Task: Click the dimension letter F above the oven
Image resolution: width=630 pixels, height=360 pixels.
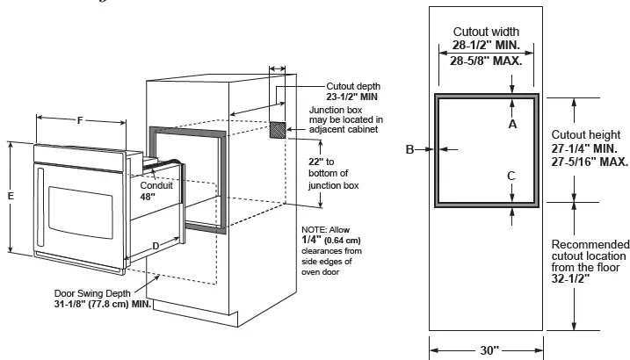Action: point(80,120)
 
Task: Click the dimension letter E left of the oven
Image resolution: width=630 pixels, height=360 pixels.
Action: point(11,197)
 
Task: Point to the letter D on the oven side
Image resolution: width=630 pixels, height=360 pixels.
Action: point(156,246)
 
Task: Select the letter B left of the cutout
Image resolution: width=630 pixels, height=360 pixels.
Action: point(409,150)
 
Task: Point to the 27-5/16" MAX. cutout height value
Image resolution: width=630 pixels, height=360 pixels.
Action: point(590,162)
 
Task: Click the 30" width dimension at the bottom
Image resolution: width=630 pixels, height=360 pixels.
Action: point(488,349)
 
